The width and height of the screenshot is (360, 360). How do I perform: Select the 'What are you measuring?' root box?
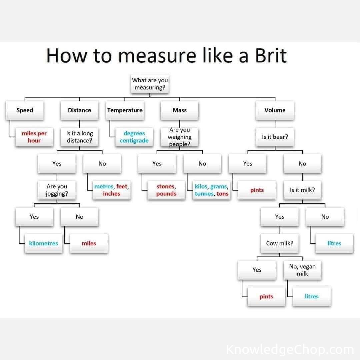(x=150, y=84)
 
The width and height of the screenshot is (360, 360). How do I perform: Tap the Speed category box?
(x=25, y=110)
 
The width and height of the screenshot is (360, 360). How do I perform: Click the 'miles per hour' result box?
(x=34, y=137)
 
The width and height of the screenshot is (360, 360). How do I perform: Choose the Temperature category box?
(x=125, y=110)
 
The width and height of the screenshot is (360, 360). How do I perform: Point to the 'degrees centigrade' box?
(x=134, y=137)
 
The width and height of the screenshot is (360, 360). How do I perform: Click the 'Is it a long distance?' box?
(x=79, y=137)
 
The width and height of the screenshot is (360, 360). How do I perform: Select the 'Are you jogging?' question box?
(x=57, y=190)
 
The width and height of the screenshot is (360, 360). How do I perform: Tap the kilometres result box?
(x=43, y=243)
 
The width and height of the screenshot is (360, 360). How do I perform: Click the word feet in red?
(x=122, y=187)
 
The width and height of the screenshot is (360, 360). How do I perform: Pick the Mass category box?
(x=179, y=110)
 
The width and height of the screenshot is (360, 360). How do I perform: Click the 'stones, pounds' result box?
(x=166, y=190)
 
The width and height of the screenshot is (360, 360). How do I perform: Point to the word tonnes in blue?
(x=204, y=194)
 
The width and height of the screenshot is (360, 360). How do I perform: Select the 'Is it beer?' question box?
(x=275, y=137)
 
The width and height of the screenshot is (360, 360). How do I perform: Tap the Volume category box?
(x=275, y=110)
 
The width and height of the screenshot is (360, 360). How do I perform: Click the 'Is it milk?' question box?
(x=302, y=190)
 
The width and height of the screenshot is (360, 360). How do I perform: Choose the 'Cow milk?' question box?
(x=279, y=243)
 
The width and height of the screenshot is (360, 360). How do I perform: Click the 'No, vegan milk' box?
(x=302, y=270)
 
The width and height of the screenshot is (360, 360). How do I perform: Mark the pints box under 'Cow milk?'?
(x=266, y=297)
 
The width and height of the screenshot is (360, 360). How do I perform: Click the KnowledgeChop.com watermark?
(x=289, y=350)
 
